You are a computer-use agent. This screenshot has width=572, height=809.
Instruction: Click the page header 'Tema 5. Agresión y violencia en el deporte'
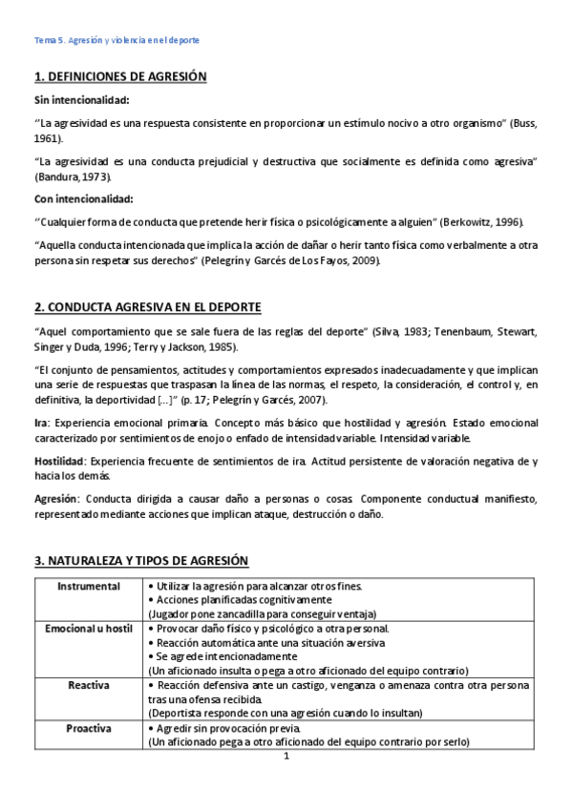[x=117, y=40]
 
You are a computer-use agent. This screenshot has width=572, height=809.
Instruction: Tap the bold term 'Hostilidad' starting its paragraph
[x=59, y=462]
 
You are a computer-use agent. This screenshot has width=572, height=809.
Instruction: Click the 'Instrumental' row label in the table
[x=89, y=585]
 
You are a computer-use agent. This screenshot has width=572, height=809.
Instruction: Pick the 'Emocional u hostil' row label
[x=89, y=629]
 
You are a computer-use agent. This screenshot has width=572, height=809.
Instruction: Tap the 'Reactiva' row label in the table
[x=89, y=685]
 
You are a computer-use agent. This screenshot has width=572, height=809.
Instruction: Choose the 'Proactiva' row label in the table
[x=89, y=729]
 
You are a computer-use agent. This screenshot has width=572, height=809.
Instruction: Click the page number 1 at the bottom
[x=286, y=757]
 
